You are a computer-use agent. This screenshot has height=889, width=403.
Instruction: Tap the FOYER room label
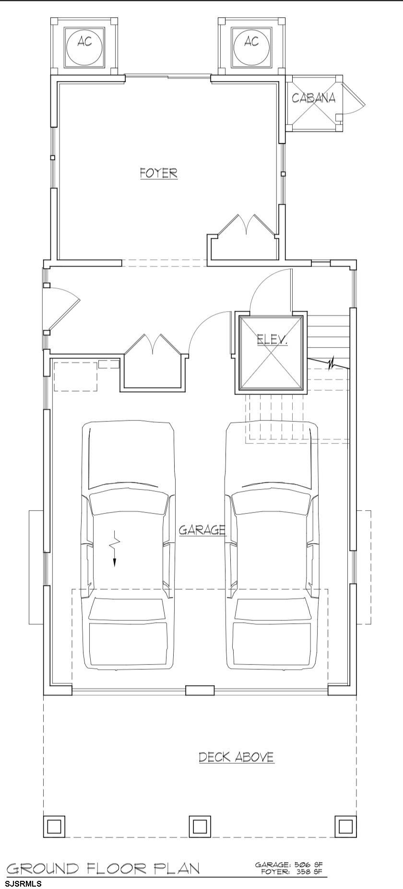click(x=159, y=173)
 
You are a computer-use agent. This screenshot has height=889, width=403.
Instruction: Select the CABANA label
click(x=314, y=98)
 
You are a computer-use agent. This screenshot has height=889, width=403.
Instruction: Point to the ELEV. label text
click(x=272, y=340)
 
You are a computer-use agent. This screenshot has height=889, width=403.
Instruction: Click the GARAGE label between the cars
click(x=202, y=530)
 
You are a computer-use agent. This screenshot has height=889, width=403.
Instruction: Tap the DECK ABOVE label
click(x=237, y=758)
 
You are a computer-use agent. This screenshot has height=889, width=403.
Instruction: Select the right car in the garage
click(x=272, y=546)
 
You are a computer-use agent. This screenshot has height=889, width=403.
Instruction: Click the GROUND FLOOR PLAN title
click(x=103, y=868)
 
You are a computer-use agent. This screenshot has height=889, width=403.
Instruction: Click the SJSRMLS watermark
click(x=23, y=883)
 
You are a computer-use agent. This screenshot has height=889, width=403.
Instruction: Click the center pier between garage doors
click(x=200, y=690)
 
